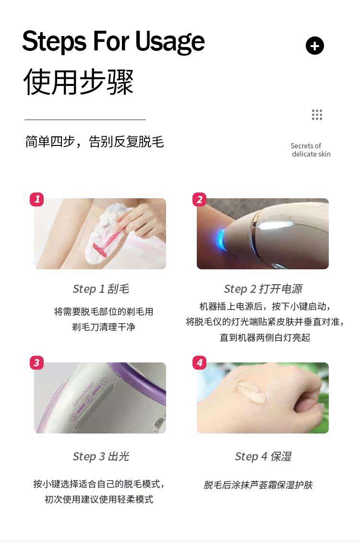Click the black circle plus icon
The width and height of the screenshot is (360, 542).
pos(315,46)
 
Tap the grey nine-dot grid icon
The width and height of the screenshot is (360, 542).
pos(317,114)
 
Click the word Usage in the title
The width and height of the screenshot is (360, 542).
pos(169,42)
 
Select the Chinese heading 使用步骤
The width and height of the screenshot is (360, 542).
pos(78,82)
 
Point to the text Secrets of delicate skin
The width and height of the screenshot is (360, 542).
pos(311,150)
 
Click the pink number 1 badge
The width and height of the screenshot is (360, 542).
pos(37,199)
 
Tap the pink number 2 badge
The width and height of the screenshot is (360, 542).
pos(199,199)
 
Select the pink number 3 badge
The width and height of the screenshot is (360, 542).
pos(37,362)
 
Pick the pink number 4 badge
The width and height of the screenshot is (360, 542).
pos(199,362)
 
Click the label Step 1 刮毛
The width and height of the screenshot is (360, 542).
pos(101,289)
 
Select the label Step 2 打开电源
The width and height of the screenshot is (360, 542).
pos(263,289)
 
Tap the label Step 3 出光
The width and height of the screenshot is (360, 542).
pos(101,456)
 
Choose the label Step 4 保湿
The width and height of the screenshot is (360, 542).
pos(263,456)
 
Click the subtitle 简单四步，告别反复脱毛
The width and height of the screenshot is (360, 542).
pos(94,142)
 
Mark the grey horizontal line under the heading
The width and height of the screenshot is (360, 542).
pos(85,120)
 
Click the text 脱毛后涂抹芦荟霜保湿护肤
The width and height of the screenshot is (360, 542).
pos(258,485)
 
